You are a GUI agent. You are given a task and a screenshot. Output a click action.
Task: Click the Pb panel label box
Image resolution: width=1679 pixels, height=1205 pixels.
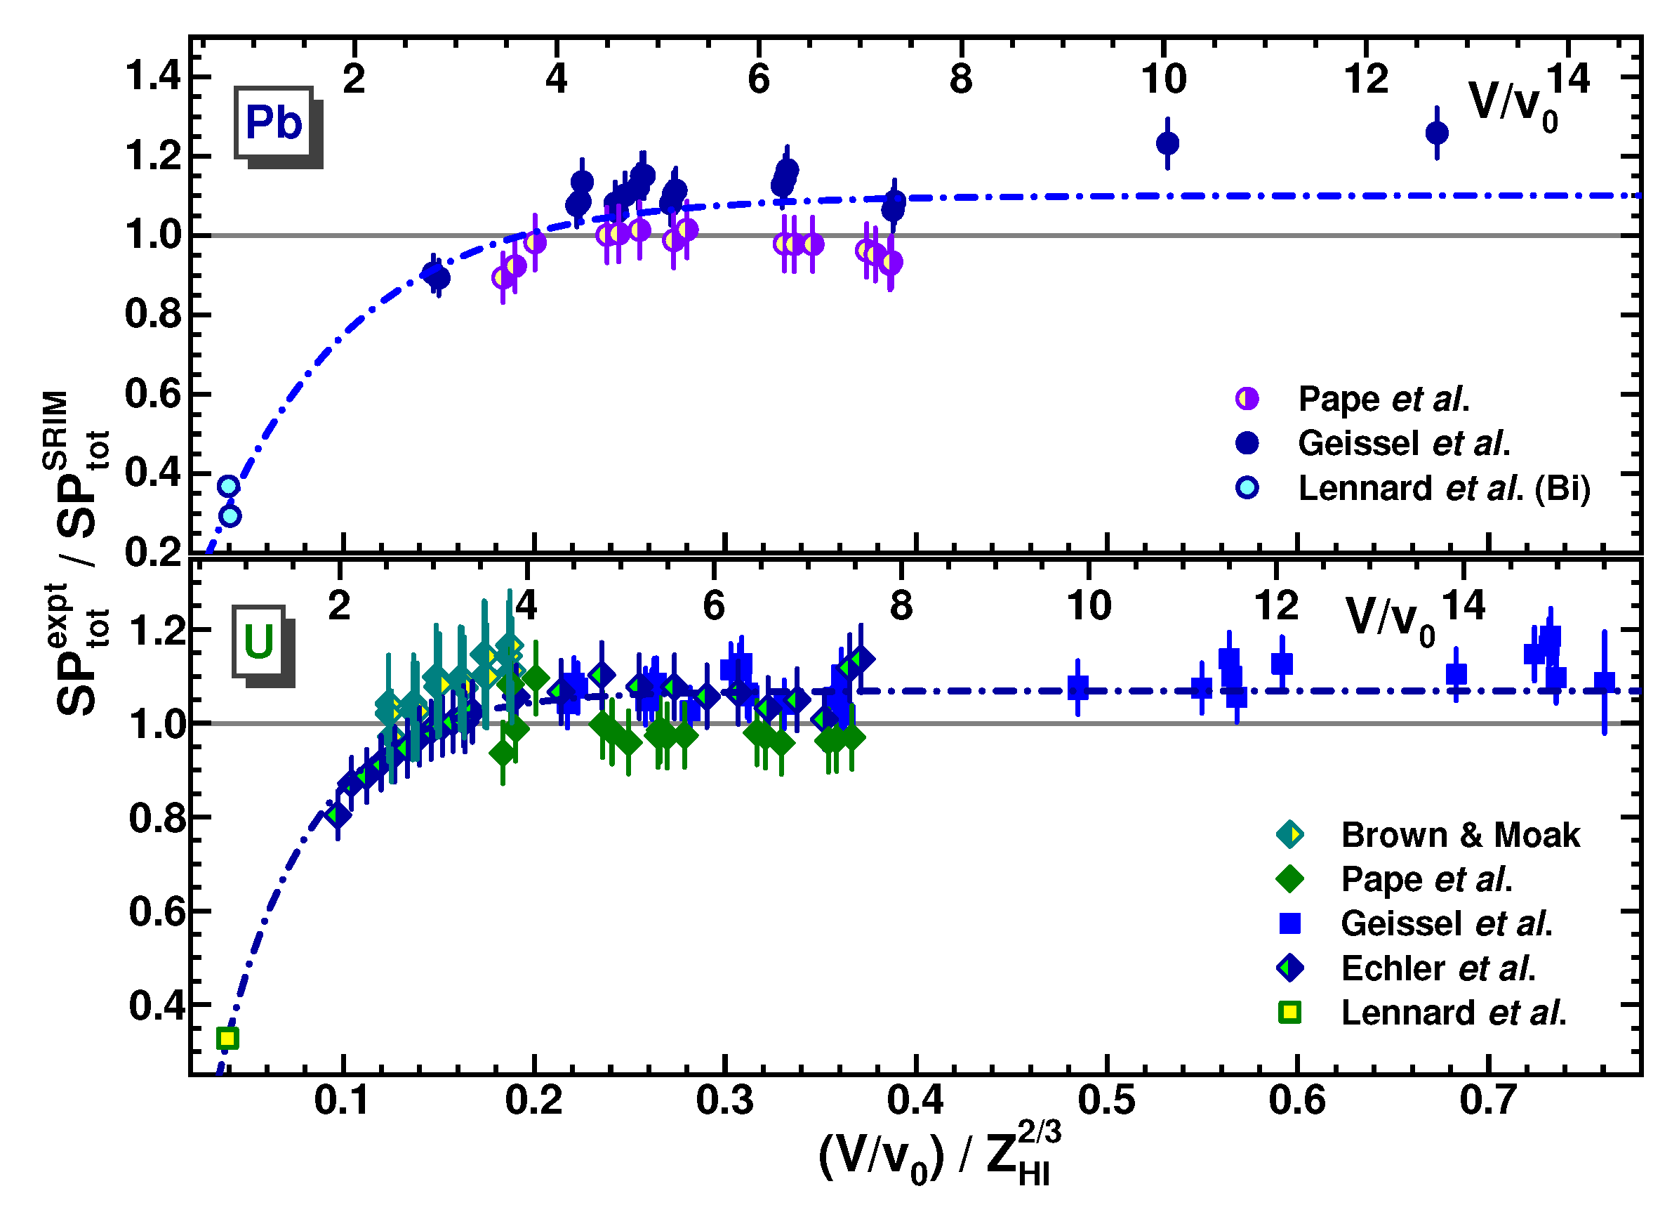[273, 123]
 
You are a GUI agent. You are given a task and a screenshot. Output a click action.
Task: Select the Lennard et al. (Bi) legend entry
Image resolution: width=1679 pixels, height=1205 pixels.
[1443, 488]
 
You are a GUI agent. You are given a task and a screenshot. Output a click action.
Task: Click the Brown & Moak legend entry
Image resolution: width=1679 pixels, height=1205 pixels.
[1459, 835]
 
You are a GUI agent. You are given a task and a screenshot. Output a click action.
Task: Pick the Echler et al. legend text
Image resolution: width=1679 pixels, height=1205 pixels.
[1438, 968]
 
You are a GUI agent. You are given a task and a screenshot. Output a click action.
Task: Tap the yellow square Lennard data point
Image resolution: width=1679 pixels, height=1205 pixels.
[228, 1039]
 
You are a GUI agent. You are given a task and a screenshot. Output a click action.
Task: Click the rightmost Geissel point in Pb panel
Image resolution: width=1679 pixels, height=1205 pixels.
[1437, 133]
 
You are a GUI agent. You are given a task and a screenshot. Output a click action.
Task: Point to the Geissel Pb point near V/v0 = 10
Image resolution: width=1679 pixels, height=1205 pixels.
[1167, 143]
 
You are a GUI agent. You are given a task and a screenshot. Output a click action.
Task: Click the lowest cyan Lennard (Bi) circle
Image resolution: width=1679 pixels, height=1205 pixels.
[230, 515]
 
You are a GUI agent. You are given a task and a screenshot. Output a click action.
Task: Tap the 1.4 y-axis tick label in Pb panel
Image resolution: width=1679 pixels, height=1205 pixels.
[152, 77]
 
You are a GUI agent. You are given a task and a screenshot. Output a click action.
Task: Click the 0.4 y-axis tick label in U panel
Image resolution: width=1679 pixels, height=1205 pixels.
[157, 1006]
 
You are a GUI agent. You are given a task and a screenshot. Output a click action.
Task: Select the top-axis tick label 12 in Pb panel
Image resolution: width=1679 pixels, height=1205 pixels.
[1366, 79]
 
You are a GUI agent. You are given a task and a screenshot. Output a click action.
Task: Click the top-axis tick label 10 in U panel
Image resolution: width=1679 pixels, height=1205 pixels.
[1088, 606]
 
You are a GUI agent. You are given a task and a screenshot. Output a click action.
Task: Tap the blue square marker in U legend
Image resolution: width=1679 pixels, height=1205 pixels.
[1290, 923]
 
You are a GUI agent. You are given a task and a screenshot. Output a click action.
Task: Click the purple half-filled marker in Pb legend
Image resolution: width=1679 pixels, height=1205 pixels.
[1247, 398]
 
